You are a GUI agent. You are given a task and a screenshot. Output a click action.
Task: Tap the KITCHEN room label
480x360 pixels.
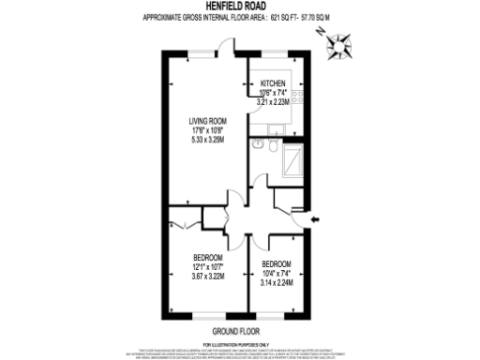click(x=272, y=82)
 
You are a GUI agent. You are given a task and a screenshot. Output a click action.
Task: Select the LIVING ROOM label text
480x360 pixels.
click(x=208, y=120)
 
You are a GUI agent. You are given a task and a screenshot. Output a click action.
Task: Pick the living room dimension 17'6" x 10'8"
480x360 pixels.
click(x=208, y=129)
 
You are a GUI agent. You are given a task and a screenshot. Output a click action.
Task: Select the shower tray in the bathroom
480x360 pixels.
click(x=292, y=160)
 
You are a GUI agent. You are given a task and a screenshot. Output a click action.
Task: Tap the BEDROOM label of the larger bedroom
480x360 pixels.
click(x=207, y=258)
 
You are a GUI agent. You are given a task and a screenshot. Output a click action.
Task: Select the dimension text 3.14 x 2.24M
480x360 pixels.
click(x=277, y=281)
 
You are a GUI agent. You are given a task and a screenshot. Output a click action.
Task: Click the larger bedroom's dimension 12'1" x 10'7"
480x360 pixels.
click(x=207, y=266)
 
